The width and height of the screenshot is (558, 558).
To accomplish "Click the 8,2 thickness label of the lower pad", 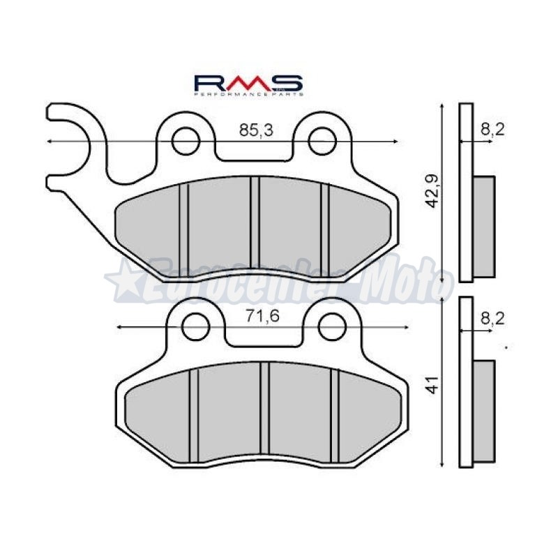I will point(492,318).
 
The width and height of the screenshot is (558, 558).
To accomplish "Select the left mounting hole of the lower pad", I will point(196,326).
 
